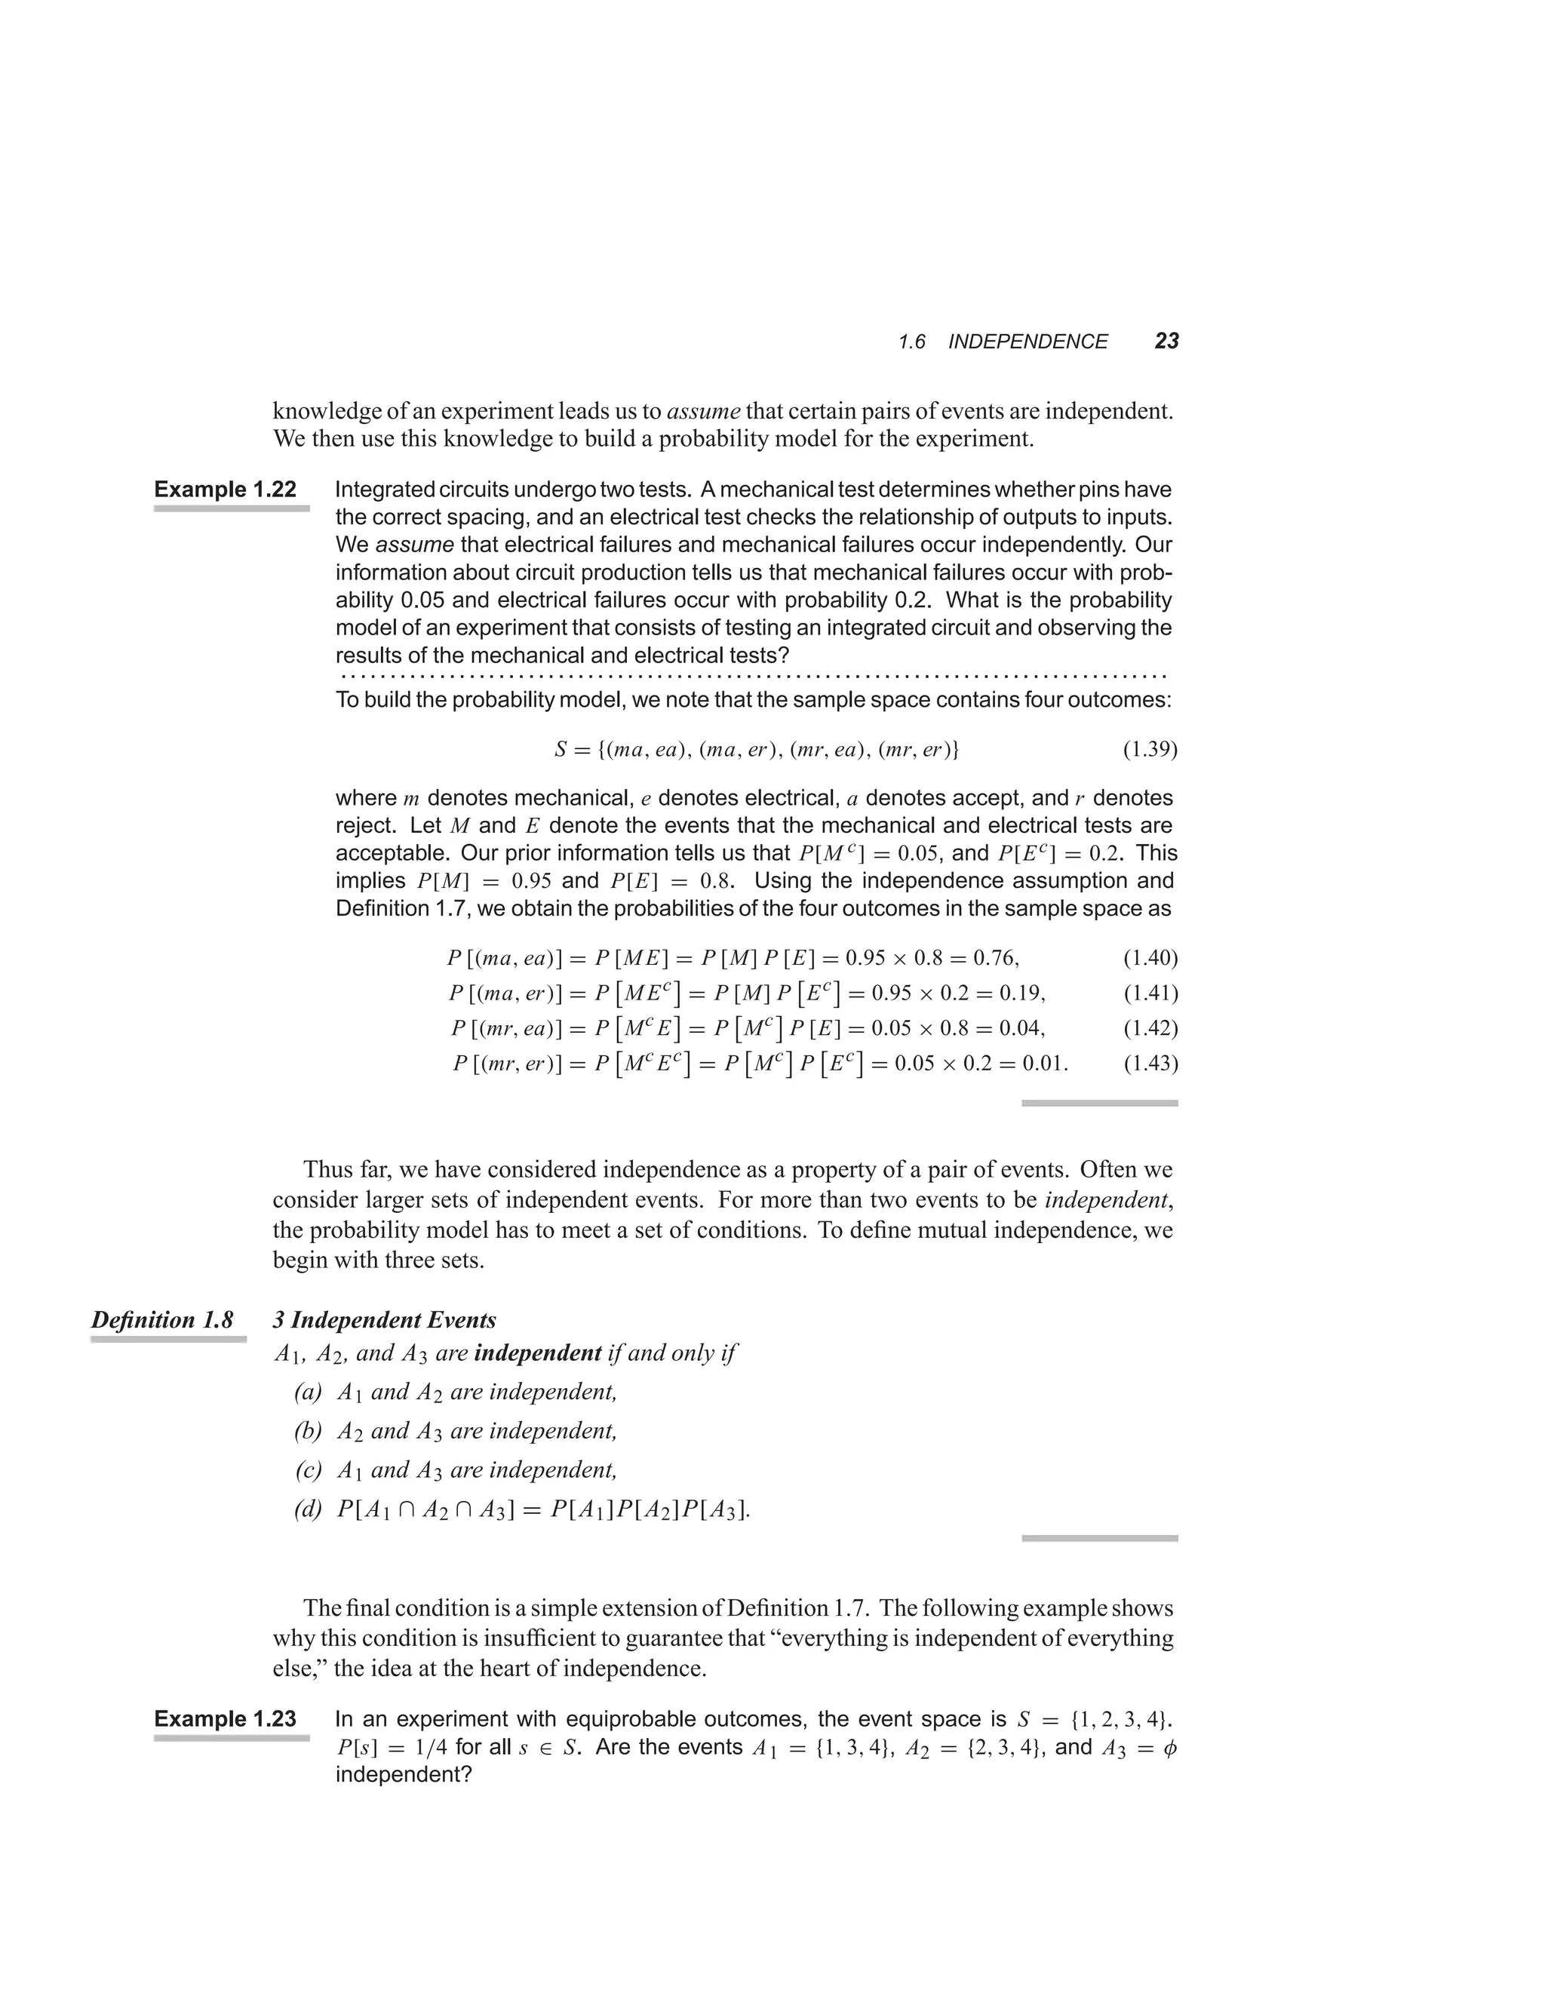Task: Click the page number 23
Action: [1166, 342]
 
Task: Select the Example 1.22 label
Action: [225, 490]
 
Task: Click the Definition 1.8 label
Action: [162, 1320]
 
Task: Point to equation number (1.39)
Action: [1150, 751]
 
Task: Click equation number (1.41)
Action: [1150, 993]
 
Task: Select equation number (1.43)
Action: [1150, 1064]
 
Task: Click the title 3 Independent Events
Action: [385, 1320]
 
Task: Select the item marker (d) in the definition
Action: [309, 1509]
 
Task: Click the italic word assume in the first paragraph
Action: [703, 411]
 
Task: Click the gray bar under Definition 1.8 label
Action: [168, 1339]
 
